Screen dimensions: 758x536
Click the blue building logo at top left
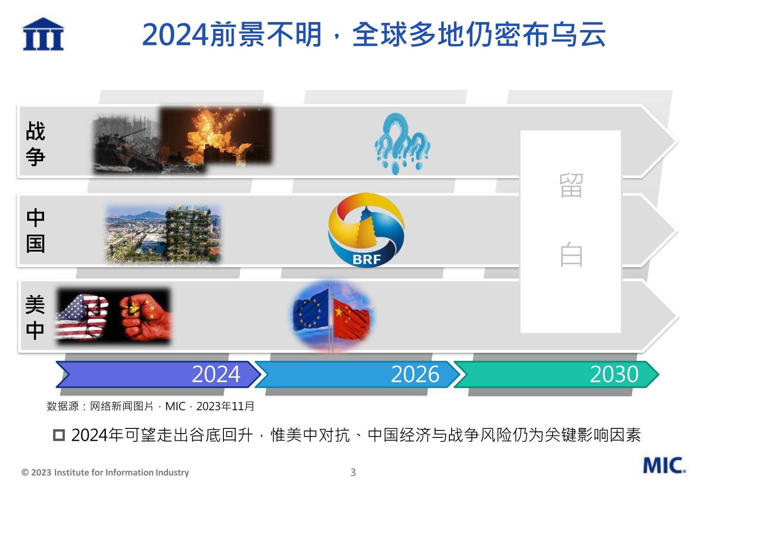click(43, 34)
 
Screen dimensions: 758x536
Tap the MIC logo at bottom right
click(664, 465)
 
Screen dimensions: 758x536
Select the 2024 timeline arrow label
click(216, 374)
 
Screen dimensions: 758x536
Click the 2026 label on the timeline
click(415, 374)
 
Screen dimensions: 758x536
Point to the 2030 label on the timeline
click(614, 374)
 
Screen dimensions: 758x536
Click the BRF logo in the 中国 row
click(366, 230)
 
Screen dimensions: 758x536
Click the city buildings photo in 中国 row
click(163, 234)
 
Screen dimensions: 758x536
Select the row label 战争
click(35, 144)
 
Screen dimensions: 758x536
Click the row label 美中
click(35, 317)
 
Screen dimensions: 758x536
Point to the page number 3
click(353, 472)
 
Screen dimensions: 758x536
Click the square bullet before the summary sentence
click(59, 435)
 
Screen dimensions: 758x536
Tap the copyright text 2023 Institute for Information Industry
click(105, 472)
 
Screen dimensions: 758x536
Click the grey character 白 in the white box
click(571, 255)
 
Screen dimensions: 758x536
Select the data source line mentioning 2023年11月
click(150, 406)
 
